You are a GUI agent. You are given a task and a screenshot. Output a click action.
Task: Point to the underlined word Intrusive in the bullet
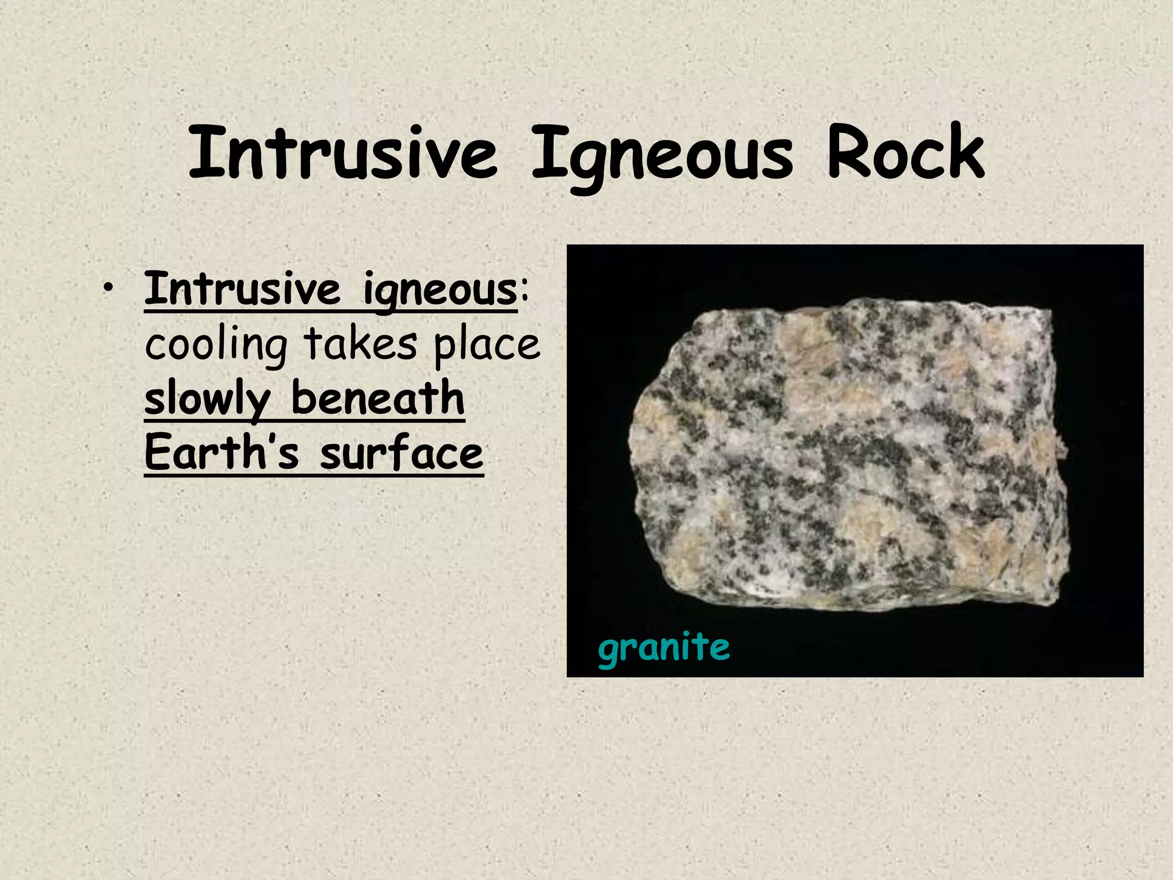(x=242, y=289)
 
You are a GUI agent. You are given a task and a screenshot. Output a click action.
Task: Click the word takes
(x=360, y=344)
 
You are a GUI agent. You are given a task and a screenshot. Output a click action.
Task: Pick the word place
(x=487, y=346)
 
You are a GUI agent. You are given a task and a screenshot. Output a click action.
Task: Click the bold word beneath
(x=378, y=398)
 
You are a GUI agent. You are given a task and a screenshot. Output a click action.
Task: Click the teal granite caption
(x=664, y=648)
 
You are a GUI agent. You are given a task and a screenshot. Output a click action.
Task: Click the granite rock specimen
(x=848, y=458)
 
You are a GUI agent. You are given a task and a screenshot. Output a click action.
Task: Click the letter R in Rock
(x=848, y=152)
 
